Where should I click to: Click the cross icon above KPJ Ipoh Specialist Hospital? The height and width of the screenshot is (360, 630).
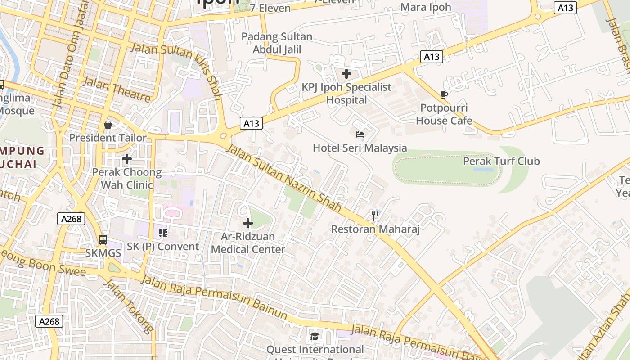pos(346,74)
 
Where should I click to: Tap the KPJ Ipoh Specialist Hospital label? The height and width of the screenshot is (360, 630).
pos(346,94)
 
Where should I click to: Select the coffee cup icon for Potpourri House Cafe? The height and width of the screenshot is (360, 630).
pos(444,94)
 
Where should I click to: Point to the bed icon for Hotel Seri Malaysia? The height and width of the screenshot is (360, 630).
pos(360,134)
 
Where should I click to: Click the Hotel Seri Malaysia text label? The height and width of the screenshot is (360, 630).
pos(360,148)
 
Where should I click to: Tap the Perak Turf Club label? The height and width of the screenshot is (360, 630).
pos(501,161)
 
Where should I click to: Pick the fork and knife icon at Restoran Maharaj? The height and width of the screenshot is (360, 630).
pos(375,216)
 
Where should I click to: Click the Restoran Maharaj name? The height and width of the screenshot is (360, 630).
pos(375,229)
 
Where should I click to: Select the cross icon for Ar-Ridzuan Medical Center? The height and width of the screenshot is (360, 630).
pos(248,223)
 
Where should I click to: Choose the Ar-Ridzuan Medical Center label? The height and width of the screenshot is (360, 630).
pos(248,243)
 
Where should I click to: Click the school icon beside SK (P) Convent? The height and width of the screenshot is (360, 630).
pos(163,233)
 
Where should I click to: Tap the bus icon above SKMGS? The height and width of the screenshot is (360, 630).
pos(103,239)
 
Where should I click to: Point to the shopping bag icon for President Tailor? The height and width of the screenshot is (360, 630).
pos(108,125)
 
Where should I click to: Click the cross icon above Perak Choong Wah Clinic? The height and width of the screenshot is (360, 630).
pos(127,159)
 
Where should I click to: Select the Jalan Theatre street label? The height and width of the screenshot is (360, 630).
pos(117,90)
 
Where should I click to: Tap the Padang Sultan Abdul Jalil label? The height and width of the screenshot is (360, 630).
pos(277,43)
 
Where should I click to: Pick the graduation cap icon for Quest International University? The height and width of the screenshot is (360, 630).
pos(315,336)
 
